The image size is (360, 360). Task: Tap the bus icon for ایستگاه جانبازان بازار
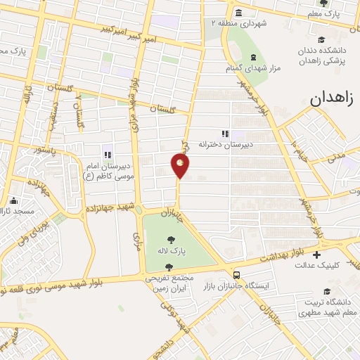(x=237, y=275)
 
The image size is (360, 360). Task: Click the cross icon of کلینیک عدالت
(x=316, y=255)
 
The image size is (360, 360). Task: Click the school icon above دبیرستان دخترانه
(x=225, y=133)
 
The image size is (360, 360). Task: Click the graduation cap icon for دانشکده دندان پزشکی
(x=321, y=39)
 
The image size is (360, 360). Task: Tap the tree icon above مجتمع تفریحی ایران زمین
(x=169, y=266)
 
